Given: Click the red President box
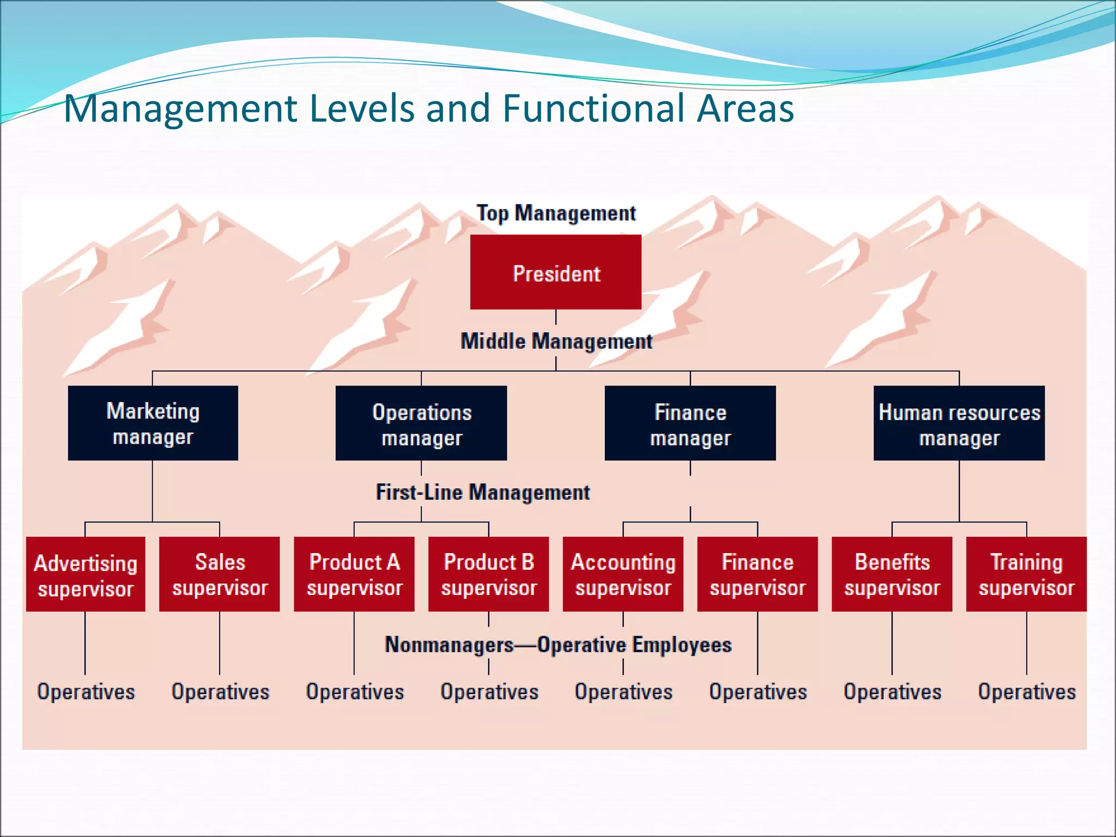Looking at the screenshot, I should (x=555, y=272).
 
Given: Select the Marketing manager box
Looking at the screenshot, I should (x=153, y=423).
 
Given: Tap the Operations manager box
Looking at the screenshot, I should (x=421, y=423).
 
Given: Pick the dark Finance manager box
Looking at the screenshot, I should (x=690, y=423).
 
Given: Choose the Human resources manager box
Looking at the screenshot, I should (x=959, y=423).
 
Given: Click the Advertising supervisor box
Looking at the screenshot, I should (x=86, y=574).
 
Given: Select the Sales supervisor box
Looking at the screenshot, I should (x=220, y=574).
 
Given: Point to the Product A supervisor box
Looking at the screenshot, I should (x=354, y=574).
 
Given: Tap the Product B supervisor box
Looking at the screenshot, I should (x=489, y=574).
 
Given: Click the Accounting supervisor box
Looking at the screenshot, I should (x=623, y=574).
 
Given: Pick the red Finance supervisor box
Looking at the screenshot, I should (x=757, y=574).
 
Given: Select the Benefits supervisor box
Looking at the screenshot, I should (x=892, y=574).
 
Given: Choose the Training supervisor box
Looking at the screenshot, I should (x=1027, y=574).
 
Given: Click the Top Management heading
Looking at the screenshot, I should (x=556, y=213).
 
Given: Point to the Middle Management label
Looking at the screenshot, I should (x=556, y=342).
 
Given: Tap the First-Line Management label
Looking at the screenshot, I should (x=483, y=492).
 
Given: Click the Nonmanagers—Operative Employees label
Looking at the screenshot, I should (x=558, y=645).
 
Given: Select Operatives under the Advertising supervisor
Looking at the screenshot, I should (x=86, y=692).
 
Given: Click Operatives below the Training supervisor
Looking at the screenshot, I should (x=1027, y=692).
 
